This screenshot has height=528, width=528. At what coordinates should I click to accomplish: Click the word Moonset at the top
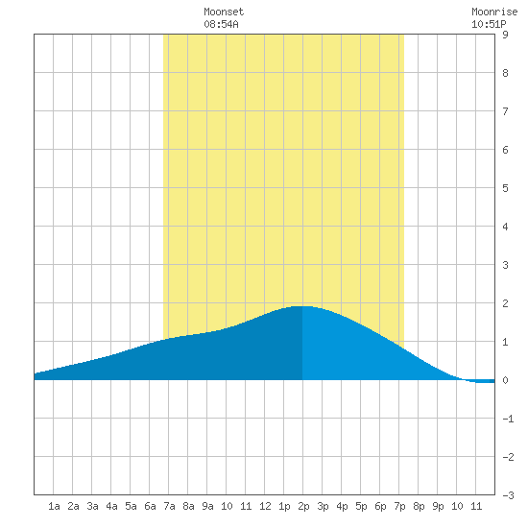pyautogui.click(x=224, y=12)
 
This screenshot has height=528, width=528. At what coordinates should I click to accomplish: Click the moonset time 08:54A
pyautogui.click(x=221, y=24)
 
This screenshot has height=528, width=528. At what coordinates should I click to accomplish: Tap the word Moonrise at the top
pyautogui.click(x=494, y=12)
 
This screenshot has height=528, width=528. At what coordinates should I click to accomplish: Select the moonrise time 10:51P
pyautogui.click(x=489, y=24)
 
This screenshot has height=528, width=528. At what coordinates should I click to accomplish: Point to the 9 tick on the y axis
pyautogui.click(x=505, y=35)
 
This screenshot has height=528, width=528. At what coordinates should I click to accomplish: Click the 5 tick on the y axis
pyautogui.click(x=505, y=188)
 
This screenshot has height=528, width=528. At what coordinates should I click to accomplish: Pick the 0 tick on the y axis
pyautogui.click(x=505, y=380)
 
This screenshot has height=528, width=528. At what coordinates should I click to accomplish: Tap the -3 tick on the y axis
pyautogui.click(x=508, y=495)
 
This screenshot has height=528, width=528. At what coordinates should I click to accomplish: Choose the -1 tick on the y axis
pyautogui.click(x=508, y=419)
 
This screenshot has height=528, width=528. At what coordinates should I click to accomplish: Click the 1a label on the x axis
pyautogui.click(x=54, y=506)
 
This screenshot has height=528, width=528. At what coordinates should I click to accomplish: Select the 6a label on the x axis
pyautogui.click(x=150, y=506)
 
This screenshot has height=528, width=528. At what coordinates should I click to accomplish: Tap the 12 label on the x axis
pyautogui.click(x=265, y=506)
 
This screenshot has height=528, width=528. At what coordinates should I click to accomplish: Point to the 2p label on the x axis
pyautogui.click(x=303, y=506)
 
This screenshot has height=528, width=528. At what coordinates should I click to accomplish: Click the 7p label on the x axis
pyautogui.click(x=399, y=506)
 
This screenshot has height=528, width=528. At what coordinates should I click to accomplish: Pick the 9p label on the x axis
pyautogui.click(x=438, y=506)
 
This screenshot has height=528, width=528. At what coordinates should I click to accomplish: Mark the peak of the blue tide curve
pyautogui.click(x=302, y=306)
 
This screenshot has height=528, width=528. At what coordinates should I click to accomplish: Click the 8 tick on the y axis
pyautogui.click(x=505, y=73)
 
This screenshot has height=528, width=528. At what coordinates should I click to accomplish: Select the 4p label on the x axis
pyautogui.click(x=342, y=506)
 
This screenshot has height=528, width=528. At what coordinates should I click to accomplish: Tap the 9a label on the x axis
pyautogui.click(x=207, y=506)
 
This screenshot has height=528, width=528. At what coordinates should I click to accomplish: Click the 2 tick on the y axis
pyautogui.click(x=505, y=303)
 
